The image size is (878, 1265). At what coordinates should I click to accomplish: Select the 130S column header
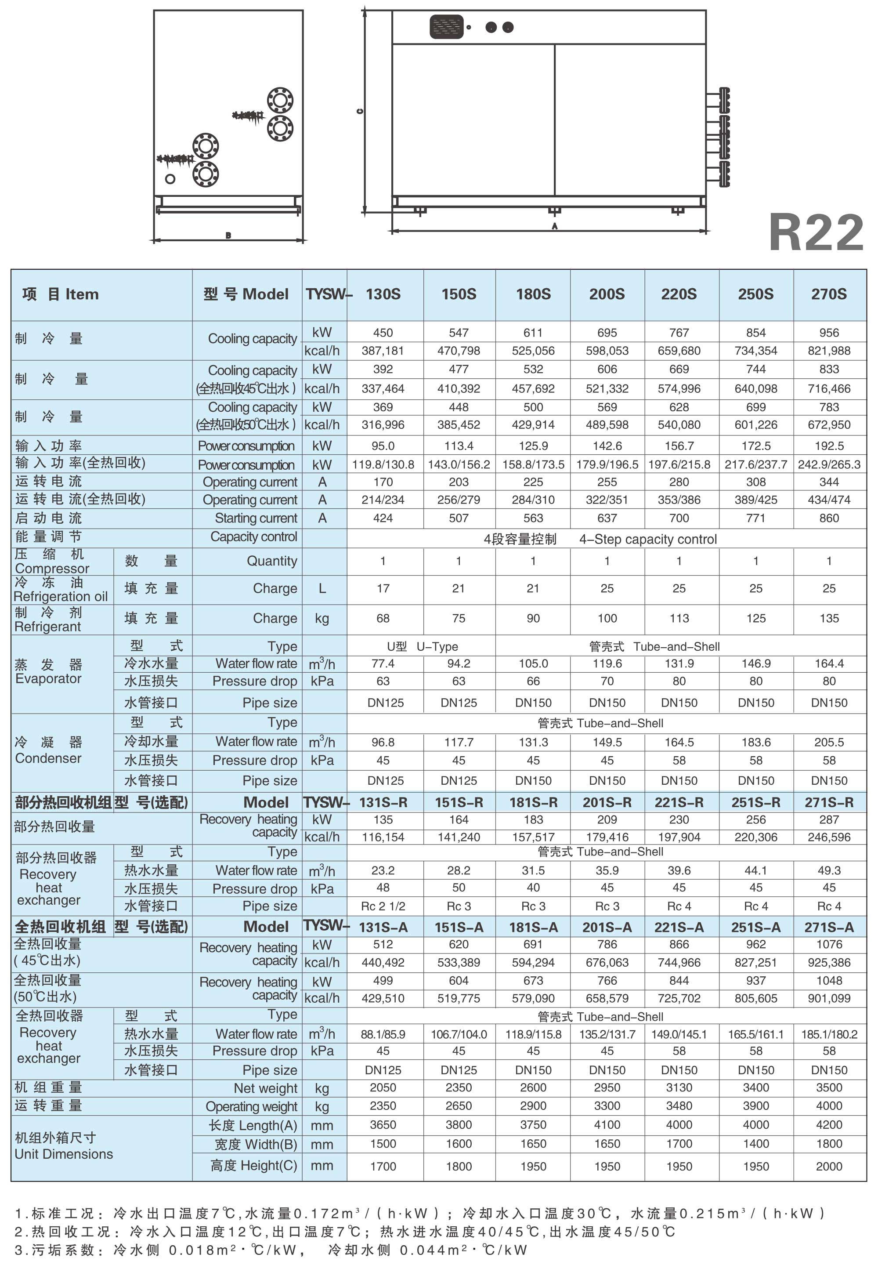383,294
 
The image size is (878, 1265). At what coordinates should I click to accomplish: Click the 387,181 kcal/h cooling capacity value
383,351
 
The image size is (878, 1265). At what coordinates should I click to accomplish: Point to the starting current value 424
383,518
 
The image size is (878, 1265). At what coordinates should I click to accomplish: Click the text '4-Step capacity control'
647,539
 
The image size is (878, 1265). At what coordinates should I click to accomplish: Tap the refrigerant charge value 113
679,619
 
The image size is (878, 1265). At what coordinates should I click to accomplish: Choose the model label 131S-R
383,803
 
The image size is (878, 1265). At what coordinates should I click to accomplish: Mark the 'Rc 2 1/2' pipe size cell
383,906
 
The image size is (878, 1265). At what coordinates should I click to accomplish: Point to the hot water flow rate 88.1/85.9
383,1034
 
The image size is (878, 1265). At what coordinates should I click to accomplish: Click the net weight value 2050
383,1088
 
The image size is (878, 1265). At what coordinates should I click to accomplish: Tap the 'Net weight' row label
265,1088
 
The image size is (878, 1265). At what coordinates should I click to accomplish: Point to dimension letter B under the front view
228,236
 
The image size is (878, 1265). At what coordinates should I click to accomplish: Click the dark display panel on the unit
446,26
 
